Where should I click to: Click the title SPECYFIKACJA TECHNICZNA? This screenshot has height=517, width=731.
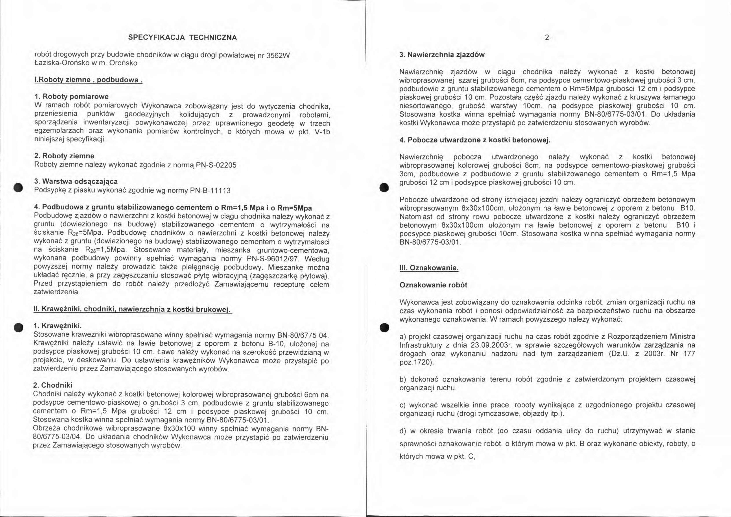[183, 38]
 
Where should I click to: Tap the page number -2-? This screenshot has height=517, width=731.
[547, 38]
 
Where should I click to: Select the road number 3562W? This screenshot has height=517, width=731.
[278, 55]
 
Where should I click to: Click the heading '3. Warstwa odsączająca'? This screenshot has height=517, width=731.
[76, 181]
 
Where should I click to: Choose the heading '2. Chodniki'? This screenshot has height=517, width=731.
[53, 385]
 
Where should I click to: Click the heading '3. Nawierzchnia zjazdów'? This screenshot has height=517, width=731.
[442, 55]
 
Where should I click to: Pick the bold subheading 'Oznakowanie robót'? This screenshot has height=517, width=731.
[433, 285]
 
